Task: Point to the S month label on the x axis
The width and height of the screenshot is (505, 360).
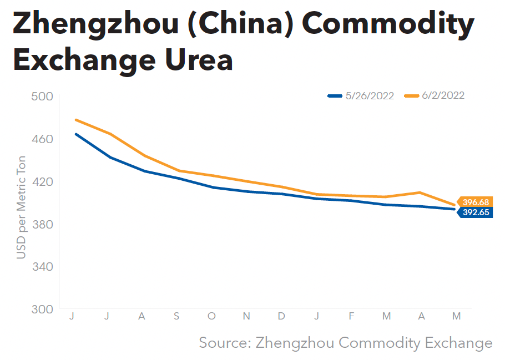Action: click(x=176, y=316)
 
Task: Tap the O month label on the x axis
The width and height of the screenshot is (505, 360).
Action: click(x=211, y=316)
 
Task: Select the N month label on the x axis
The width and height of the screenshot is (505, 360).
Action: click(x=246, y=316)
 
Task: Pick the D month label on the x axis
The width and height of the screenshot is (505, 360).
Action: click(x=281, y=316)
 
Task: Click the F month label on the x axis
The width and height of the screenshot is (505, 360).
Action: click(x=351, y=316)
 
